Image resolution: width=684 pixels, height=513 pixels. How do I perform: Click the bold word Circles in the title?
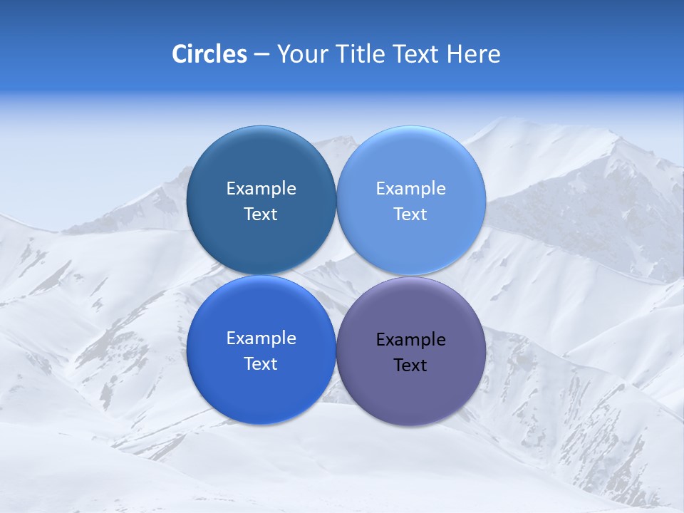(209, 54)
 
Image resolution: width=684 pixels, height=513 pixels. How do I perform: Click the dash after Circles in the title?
(261, 55)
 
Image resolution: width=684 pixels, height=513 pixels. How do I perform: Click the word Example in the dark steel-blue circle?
(261, 188)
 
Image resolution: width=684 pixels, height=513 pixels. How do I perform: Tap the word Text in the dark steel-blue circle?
(261, 214)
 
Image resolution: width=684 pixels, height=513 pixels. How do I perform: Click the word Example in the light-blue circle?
(410, 188)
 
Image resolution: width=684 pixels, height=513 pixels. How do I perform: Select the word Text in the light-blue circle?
(410, 214)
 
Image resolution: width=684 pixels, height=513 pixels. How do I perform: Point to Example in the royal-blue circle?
(261, 338)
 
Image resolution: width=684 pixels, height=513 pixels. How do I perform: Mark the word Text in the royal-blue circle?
(261, 363)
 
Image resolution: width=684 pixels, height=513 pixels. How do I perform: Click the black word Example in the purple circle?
(410, 339)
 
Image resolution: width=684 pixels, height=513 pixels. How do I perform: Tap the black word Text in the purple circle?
(410, 365)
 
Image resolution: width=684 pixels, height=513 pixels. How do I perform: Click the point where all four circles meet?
(336, 275)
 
